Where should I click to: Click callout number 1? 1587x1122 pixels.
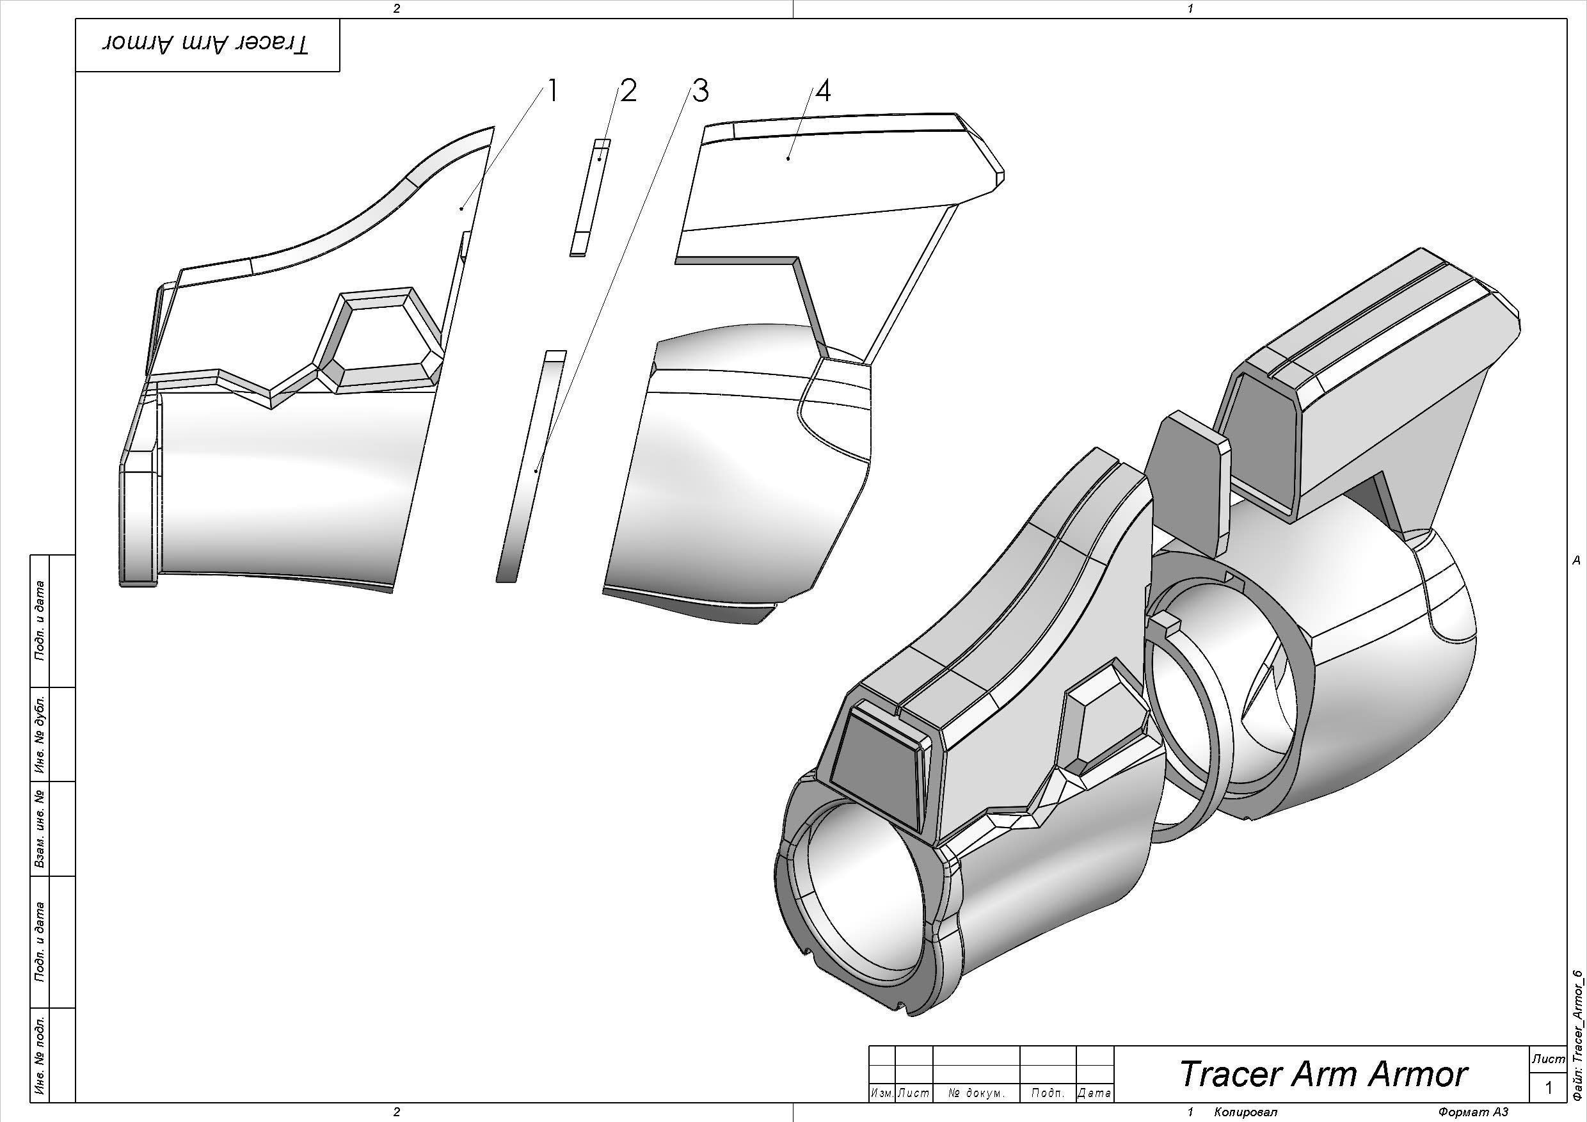(x=552, y=92)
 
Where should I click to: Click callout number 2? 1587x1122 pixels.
(x=627, y=92)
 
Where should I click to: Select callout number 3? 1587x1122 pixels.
(x=699, y=92)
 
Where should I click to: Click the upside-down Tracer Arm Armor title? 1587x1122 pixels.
(x=207, y=45)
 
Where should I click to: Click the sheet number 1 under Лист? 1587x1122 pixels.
(x=1549, y=1088)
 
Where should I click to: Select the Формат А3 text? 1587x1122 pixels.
(x=1472, y=1112)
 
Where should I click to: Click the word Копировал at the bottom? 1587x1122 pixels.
(x=1244, y=1112)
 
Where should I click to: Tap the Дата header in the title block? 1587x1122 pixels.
(x=1094, y=1093)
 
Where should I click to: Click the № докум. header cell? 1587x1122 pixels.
(x=975, y=1093)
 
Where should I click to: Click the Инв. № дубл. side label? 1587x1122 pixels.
(x=40, y=733)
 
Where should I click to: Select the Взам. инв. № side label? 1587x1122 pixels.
(x=40, y=828)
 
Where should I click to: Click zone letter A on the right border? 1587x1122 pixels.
(x=1575, y=561)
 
